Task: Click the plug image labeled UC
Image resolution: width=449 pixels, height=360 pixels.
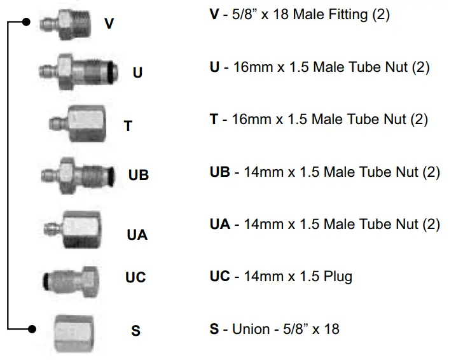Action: click(73, 279)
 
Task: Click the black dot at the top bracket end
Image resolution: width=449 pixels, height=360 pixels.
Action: click(26, 22)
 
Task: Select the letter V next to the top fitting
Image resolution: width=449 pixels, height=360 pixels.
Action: click(109, 24)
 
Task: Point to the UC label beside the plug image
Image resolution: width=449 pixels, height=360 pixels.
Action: click(135, 277)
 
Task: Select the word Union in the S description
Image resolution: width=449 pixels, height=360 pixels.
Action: click(250, 329)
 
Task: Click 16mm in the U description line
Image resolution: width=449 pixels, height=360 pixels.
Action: click(251, 67)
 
